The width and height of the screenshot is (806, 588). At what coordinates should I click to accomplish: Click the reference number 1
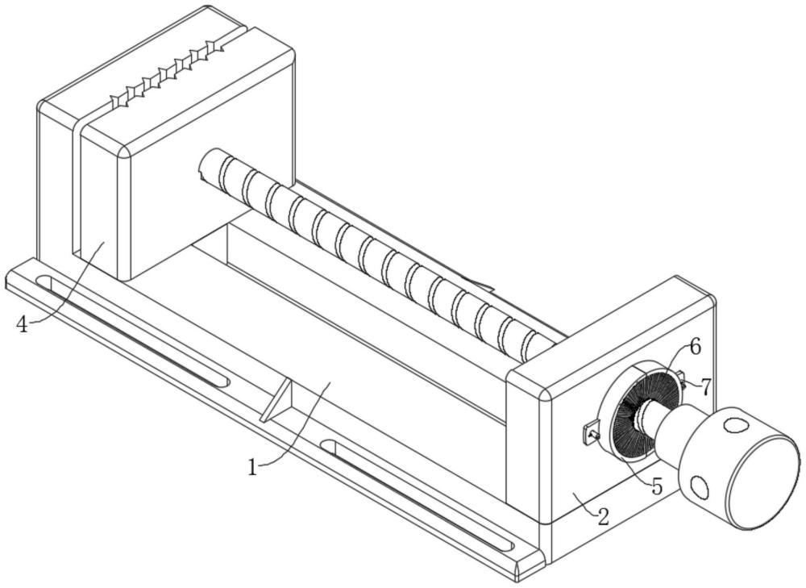(252, 467)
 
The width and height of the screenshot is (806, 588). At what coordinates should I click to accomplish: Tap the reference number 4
(23, 324)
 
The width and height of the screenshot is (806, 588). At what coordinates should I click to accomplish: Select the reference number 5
(657, 486)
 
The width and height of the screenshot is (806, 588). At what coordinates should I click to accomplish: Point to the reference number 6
(695, 348)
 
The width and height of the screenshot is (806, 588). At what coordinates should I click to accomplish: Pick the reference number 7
(706, 386)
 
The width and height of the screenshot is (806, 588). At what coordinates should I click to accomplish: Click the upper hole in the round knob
(735, 425)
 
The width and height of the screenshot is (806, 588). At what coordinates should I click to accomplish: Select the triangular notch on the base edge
(278, 401)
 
